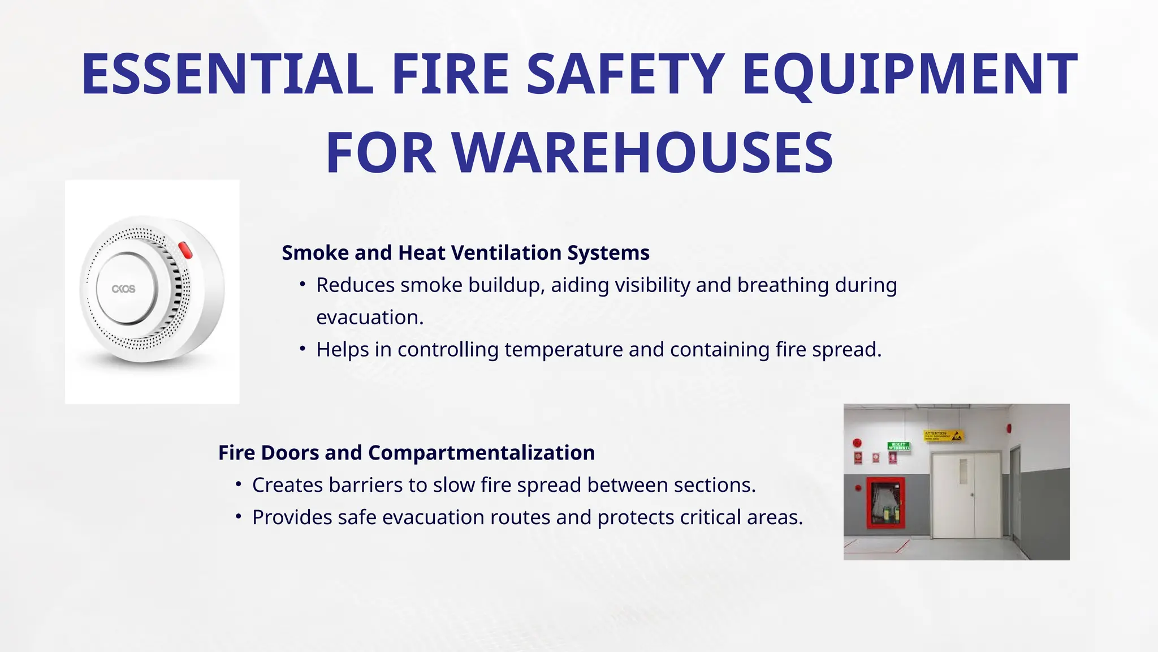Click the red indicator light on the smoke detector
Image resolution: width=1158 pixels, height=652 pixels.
[185, 250]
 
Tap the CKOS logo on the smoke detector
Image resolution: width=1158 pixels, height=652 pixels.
[123, 289]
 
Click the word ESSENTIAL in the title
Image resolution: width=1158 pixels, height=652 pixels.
[227, 74]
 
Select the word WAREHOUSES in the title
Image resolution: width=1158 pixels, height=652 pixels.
[642, 153]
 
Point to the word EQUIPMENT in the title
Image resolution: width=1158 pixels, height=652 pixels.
[910, 74]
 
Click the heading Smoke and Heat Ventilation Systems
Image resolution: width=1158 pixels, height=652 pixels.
[465, 252]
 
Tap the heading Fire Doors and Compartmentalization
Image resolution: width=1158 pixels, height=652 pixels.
[407, 453]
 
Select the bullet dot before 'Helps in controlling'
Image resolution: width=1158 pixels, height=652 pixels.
[303, 349]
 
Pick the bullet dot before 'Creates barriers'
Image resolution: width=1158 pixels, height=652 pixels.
[239, 484]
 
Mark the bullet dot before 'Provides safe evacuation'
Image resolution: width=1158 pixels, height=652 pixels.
[239, 516]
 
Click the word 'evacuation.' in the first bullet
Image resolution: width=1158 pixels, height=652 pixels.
[370, 318]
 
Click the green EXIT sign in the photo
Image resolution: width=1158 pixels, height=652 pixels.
[898, 446]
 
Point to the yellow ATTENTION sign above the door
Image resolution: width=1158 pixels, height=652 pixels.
[944, 436]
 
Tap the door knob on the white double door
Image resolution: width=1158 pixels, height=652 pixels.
[973, 494]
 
